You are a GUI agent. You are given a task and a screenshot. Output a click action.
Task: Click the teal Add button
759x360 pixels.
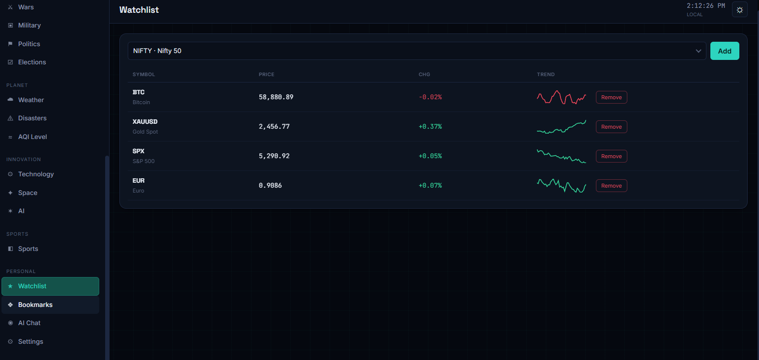725,51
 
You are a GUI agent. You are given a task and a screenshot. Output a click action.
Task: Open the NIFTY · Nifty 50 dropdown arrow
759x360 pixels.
699,51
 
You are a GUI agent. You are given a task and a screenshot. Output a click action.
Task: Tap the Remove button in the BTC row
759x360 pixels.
611,97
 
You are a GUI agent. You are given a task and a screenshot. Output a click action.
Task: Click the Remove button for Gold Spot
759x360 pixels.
611,127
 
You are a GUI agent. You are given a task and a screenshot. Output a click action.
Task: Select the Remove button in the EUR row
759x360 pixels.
611,186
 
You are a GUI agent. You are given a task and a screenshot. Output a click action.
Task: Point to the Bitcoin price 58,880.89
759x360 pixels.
276,97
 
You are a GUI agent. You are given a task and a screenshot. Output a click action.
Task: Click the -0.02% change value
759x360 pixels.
430,97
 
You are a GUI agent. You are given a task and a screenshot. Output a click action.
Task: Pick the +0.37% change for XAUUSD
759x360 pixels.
430,127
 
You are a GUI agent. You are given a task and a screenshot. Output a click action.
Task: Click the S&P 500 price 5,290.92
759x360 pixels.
274,156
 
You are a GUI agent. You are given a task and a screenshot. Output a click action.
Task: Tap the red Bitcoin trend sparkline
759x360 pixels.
562,97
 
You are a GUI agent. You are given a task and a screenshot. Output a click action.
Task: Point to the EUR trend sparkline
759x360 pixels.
562,186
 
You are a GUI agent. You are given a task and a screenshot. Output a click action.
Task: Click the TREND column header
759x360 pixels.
545,75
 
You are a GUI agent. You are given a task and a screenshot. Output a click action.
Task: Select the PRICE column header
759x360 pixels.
266,75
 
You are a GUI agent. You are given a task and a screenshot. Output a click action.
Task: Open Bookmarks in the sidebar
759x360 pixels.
35,305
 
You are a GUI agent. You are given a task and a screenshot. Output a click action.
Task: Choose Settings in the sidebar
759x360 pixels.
30,341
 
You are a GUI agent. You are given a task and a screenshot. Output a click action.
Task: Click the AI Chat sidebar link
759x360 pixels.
29,323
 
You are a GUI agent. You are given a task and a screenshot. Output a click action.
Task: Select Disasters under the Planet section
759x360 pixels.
32,118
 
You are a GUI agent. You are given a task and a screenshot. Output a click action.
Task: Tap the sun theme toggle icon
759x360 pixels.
740,10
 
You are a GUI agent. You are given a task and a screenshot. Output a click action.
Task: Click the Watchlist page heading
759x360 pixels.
139,10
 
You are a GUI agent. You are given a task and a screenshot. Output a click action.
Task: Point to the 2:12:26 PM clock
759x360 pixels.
706,6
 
